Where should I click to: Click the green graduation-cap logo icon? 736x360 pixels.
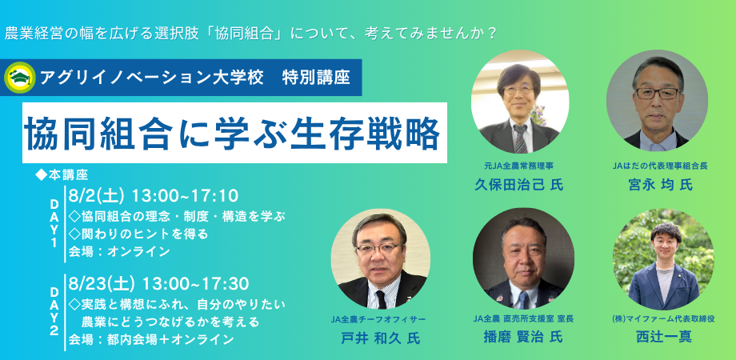[x=19, y=78]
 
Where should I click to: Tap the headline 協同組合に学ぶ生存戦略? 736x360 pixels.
[x=232, y=132]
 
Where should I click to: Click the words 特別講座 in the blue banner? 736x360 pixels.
[x=316, y=78]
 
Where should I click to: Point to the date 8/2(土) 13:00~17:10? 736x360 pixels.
[x=154, y=196]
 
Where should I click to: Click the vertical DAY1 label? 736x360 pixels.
[x=54, y=222]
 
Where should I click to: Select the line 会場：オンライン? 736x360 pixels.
[x=118, y=251]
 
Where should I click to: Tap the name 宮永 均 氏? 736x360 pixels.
[x=659, y=185]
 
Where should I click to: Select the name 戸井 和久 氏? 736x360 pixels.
[x=380, y=338]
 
